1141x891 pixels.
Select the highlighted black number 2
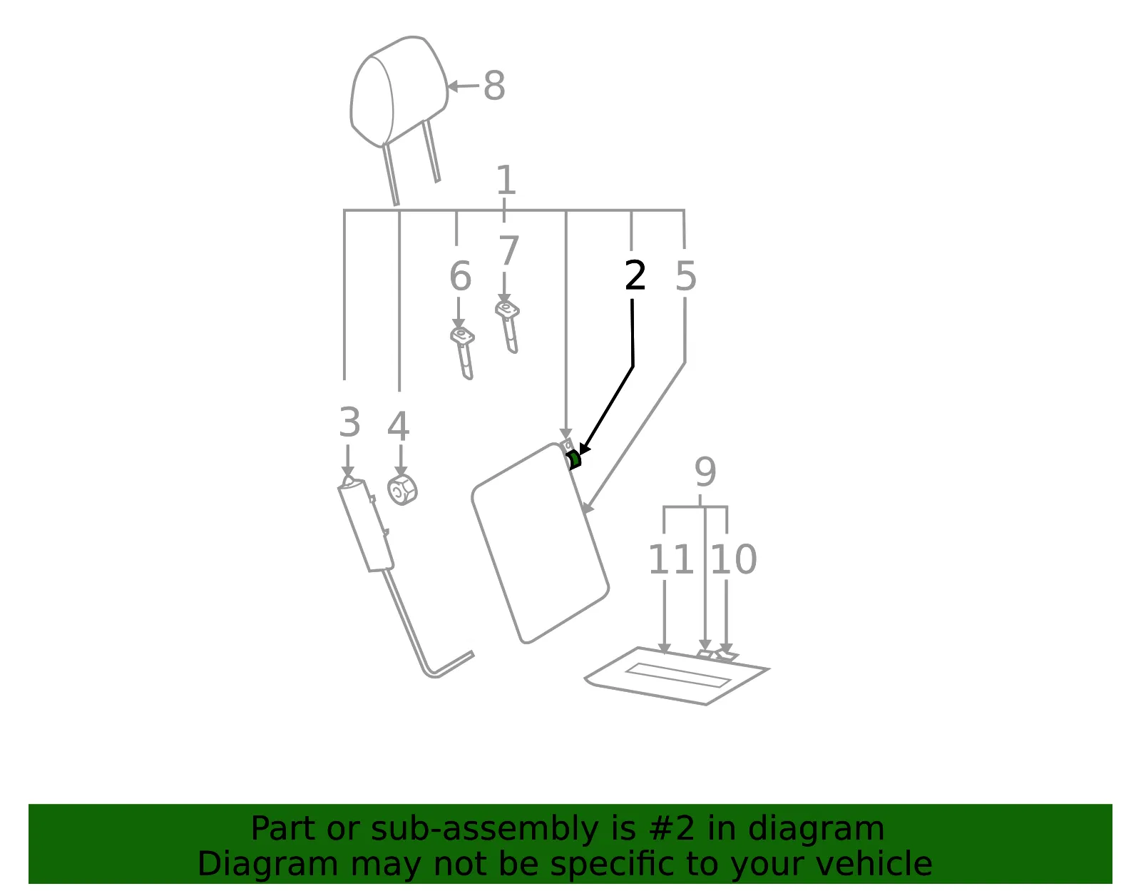(635, 275)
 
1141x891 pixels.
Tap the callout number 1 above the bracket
(506, 180)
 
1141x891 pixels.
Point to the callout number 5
(685, 275)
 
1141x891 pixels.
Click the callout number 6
(460, 275)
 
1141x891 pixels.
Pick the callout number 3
(349, 422)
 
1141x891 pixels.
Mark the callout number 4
(398, 426)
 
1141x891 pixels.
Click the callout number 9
(705, 472)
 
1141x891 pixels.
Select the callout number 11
(671, 559)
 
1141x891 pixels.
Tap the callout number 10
(734, 559)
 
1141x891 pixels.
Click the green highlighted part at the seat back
(574, 459)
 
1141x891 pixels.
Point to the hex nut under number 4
(402, 490)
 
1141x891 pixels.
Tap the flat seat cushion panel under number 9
(676, 676)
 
